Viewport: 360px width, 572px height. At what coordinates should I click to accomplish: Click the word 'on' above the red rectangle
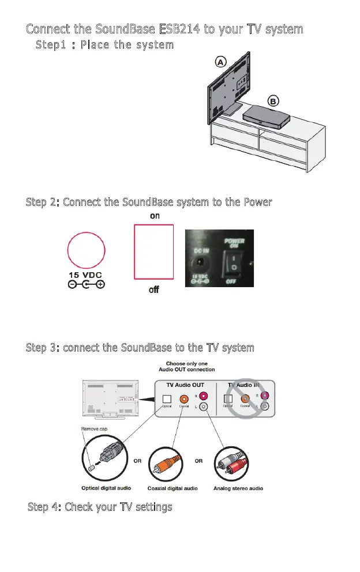point(155,216)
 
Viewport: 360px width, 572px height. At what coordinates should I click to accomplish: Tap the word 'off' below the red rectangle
point(154,289)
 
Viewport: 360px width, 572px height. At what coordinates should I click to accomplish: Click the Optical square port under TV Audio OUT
point(167,399)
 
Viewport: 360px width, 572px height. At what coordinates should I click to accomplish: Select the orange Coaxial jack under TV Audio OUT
point(183,398)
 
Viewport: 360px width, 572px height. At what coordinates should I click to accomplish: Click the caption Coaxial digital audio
point(172,488)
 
